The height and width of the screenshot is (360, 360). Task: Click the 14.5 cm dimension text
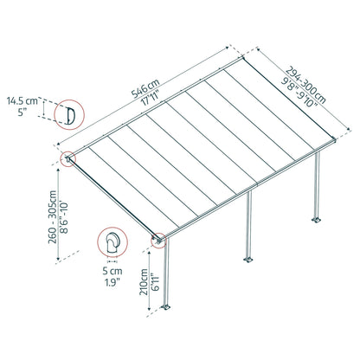click(x=26, y=101)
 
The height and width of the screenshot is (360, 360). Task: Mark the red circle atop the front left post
click(x=158, y=241)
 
